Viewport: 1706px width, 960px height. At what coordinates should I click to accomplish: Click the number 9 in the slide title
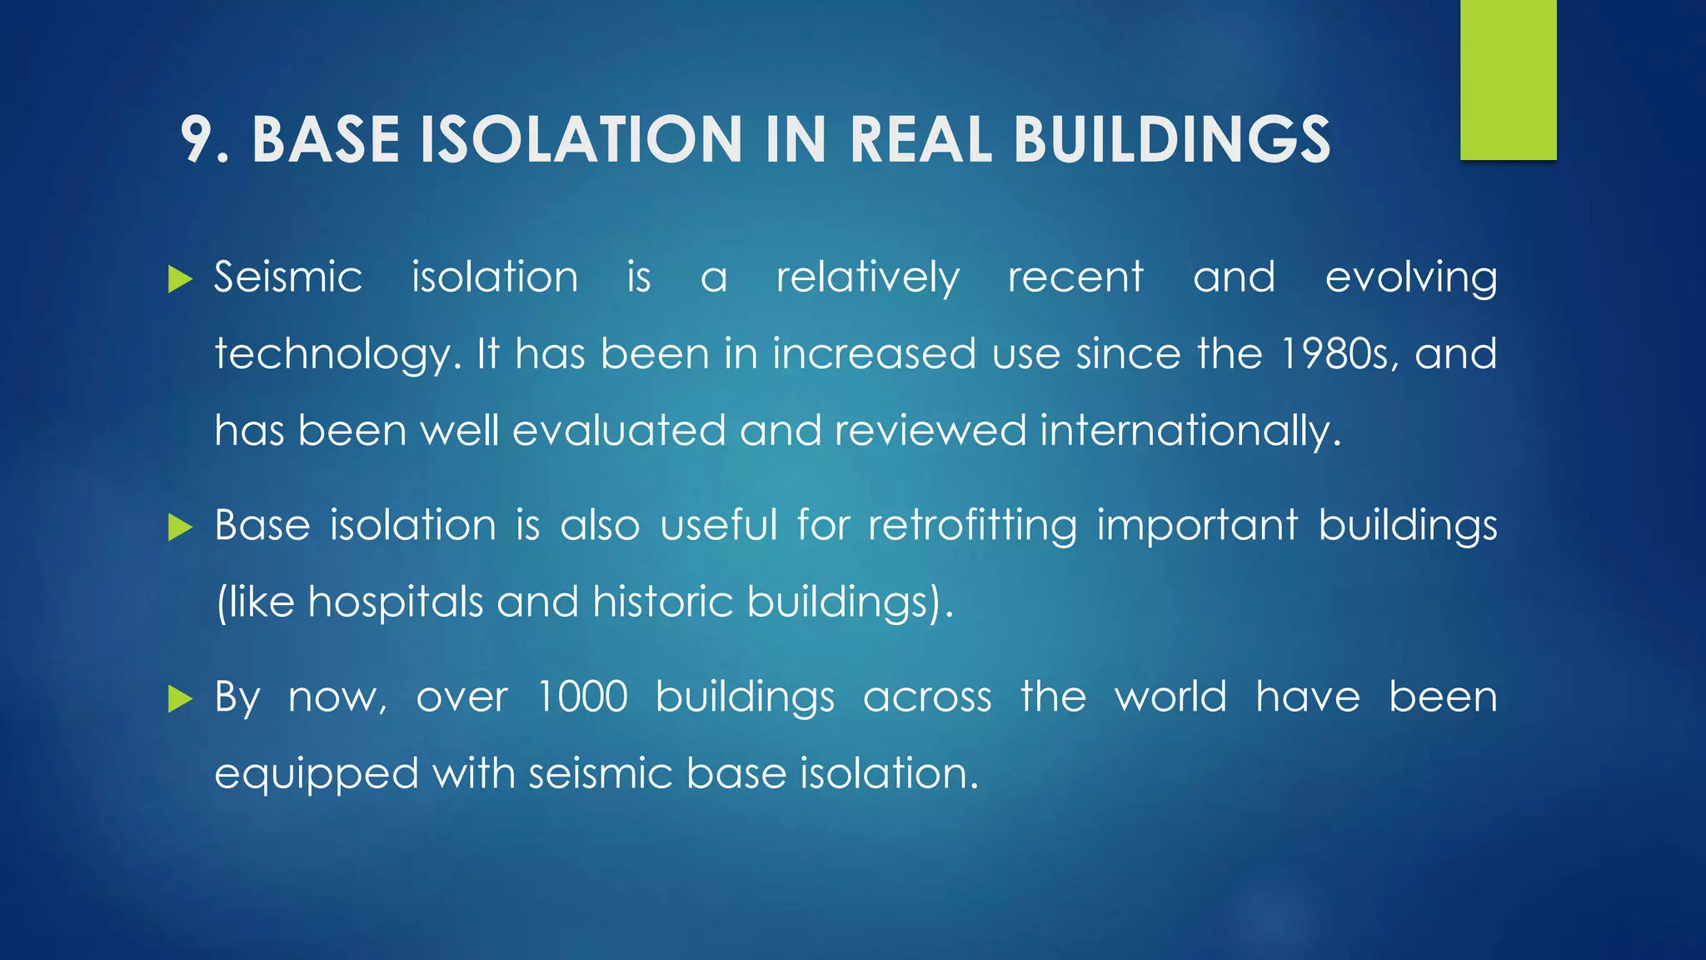[x=197, y=139]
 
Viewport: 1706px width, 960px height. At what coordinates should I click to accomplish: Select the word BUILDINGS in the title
[x=1171, y=139]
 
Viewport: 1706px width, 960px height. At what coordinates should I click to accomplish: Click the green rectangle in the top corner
[x=1508, y=80]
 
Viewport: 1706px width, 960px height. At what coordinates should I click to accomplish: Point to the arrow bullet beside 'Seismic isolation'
[x=179, y=279]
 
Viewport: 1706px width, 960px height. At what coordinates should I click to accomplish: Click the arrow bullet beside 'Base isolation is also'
[x=179, y=527]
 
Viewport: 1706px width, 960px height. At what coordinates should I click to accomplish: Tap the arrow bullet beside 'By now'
[x=179, y=698]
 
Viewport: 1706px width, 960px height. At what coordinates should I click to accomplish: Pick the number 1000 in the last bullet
[x=582, y=697]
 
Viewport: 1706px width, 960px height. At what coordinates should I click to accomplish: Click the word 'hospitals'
[x=396, y=601]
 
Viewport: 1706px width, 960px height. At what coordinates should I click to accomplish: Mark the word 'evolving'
[x=1411, y=278]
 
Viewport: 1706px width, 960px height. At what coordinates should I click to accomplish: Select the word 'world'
[x=1170, y=697]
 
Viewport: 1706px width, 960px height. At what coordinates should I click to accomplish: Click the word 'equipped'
[x=317, y=775]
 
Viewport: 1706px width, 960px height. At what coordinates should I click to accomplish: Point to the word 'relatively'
[x=867, y=278]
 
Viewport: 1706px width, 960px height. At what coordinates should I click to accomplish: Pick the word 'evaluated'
[x=619, y=431]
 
